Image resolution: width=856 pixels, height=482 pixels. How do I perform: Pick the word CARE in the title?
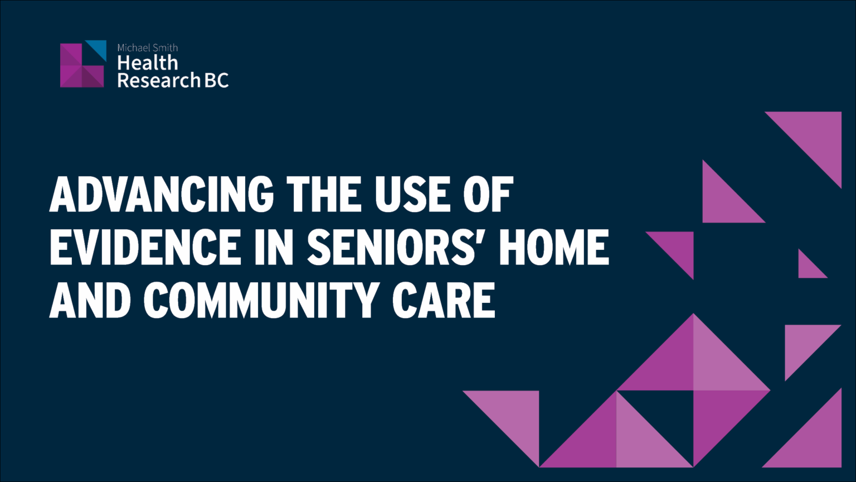(x=444, y=300)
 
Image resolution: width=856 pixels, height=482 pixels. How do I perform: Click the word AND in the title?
(x=89, y=300)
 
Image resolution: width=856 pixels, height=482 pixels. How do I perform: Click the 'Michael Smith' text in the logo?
(x=148, y=48)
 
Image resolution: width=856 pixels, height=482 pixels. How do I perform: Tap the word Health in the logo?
(x=148, y=62)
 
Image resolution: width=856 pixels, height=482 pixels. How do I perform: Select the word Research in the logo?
(x=159, y=80)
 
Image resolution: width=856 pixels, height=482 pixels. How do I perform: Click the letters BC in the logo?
(x=217, y=80)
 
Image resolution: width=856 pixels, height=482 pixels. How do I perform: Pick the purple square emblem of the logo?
(x=82, y=65)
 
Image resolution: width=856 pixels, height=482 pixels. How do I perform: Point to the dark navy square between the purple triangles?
(x=655, y=409)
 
